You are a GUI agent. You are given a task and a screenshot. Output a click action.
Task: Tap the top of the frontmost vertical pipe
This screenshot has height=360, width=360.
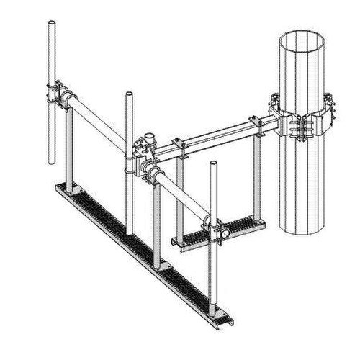click(213, 164)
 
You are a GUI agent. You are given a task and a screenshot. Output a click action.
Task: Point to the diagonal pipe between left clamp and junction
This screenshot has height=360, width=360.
click(101, 119)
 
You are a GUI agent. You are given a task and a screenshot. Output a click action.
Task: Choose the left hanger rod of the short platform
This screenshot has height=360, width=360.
click(180, 194)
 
